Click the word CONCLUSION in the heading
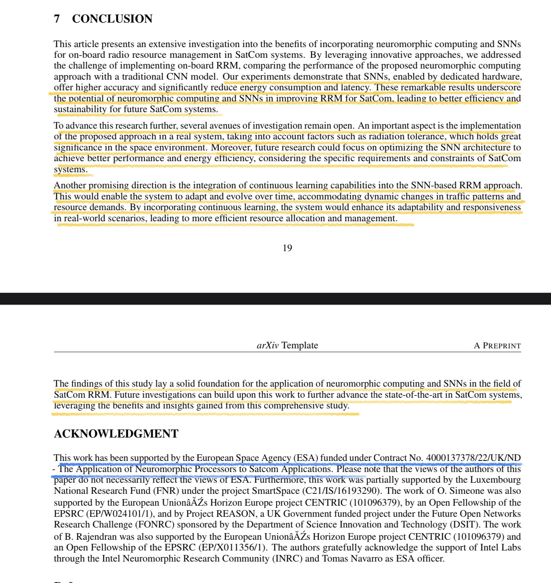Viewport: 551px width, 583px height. [112, 19]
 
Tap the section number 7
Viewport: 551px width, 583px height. [57, 19]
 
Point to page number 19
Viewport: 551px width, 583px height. [287, 248]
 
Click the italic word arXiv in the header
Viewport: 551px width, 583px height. [268, 345]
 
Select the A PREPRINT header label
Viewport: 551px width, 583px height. [497, 346]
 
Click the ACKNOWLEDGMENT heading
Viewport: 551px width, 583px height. [116, 434]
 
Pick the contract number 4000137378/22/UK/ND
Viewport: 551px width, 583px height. [473, 458]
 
